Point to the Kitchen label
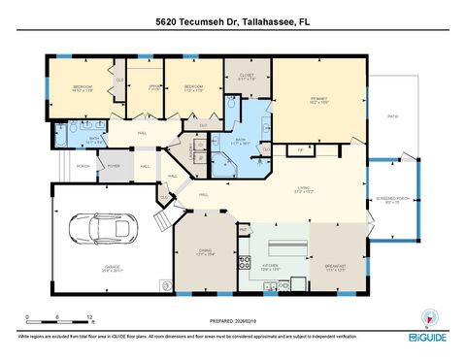[x=271, y=265]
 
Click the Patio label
[x=392, y=117]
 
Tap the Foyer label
[x=114, y=166]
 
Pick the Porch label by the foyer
[x=83, y=166]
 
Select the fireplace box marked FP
[x=301, y=150]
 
